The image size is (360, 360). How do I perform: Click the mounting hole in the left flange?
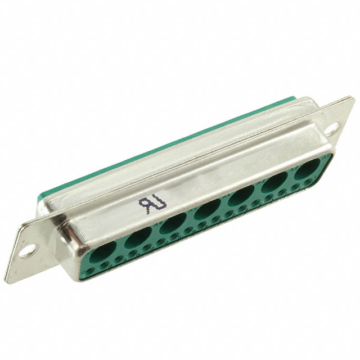27,250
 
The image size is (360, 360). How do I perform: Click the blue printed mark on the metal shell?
152,202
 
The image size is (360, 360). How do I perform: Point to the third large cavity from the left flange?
173,224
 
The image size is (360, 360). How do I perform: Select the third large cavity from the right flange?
241,196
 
